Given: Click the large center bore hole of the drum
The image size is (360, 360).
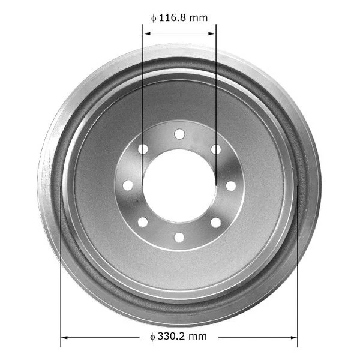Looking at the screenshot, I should pos(179,185).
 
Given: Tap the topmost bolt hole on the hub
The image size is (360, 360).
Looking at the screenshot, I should pos(179,133).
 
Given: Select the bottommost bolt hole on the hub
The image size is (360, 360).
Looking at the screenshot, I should pos(179,237).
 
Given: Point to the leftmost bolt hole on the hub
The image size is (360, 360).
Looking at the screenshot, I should pos(128,185).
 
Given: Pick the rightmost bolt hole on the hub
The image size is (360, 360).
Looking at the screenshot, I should pos(230,185).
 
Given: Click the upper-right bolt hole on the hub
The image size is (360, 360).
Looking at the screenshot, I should pos(215,149).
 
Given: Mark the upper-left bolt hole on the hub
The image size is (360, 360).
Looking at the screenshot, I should pos(143,149).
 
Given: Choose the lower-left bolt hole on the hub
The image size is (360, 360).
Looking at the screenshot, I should pos(143,222).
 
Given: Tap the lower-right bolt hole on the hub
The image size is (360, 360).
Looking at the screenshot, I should pos(215,222).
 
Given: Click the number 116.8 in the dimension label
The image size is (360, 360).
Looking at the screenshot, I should pos(175,18).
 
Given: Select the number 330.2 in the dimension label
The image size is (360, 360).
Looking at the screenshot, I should pos(173,337).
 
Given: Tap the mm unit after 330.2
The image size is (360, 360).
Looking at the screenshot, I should pos(199,337).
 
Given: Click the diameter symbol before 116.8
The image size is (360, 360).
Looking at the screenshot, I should pos(154,18).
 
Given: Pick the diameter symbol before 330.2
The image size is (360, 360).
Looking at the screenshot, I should pos(153,337).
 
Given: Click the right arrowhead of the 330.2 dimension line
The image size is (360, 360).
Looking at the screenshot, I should pos(293,337).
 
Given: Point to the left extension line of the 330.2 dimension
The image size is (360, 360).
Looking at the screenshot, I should pos(61,270).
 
